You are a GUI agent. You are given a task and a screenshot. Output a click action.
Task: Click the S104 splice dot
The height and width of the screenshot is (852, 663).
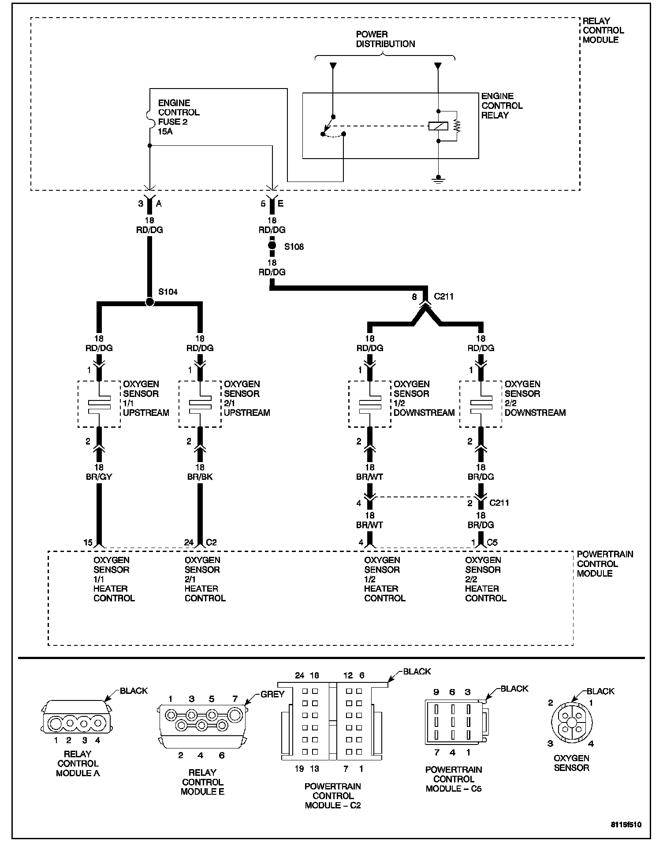point(150,302)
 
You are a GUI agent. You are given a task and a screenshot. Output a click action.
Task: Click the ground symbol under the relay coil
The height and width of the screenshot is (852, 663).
point(438,178)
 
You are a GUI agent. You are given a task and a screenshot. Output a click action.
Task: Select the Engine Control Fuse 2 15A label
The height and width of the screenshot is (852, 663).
point(179,117)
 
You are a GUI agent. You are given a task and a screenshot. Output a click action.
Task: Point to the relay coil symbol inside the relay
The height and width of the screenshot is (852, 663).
point(438,126)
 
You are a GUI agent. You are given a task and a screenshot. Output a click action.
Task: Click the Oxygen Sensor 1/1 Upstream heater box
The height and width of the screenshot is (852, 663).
point(99,404)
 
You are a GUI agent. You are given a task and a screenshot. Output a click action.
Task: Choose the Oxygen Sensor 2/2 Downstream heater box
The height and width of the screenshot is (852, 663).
point(480,404)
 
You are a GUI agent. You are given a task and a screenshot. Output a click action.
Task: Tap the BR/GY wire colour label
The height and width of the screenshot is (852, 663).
point(99,477)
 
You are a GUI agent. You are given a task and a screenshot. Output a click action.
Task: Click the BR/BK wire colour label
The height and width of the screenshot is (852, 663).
point(200,477)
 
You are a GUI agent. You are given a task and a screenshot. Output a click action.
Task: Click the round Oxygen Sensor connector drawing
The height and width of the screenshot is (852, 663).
point(572,722)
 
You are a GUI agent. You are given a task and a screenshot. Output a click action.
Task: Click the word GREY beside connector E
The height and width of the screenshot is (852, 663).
point(272,694)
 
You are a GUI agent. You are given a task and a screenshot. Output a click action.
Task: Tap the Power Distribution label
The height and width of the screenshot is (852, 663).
point(385,39)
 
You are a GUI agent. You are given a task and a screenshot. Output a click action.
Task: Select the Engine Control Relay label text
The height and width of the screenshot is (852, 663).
point(502,106)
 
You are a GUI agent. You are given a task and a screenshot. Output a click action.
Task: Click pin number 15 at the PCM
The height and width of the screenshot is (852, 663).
point(88,542)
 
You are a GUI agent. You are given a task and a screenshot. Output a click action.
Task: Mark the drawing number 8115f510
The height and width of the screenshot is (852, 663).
point(626,825)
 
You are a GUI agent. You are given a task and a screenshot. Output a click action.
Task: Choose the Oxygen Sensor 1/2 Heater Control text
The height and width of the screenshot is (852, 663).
point(384,579)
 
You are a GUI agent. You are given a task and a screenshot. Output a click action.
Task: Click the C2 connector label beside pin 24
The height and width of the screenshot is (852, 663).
point(212,542)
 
